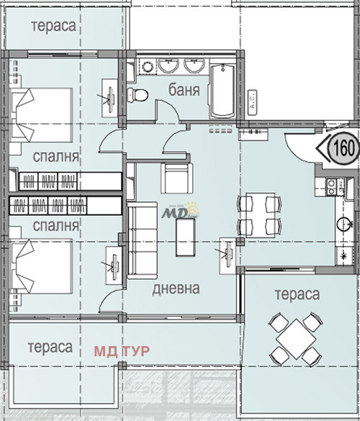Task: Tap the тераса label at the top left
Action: click(x=53, y=25)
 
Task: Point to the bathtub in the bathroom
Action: click(x=222, y=90)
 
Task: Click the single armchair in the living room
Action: click(x=177, y=176)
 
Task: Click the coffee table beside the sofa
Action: click(x=186, y=237)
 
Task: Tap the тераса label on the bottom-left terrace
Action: click(x=50, y=347)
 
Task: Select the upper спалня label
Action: click(x=55, y=156)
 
